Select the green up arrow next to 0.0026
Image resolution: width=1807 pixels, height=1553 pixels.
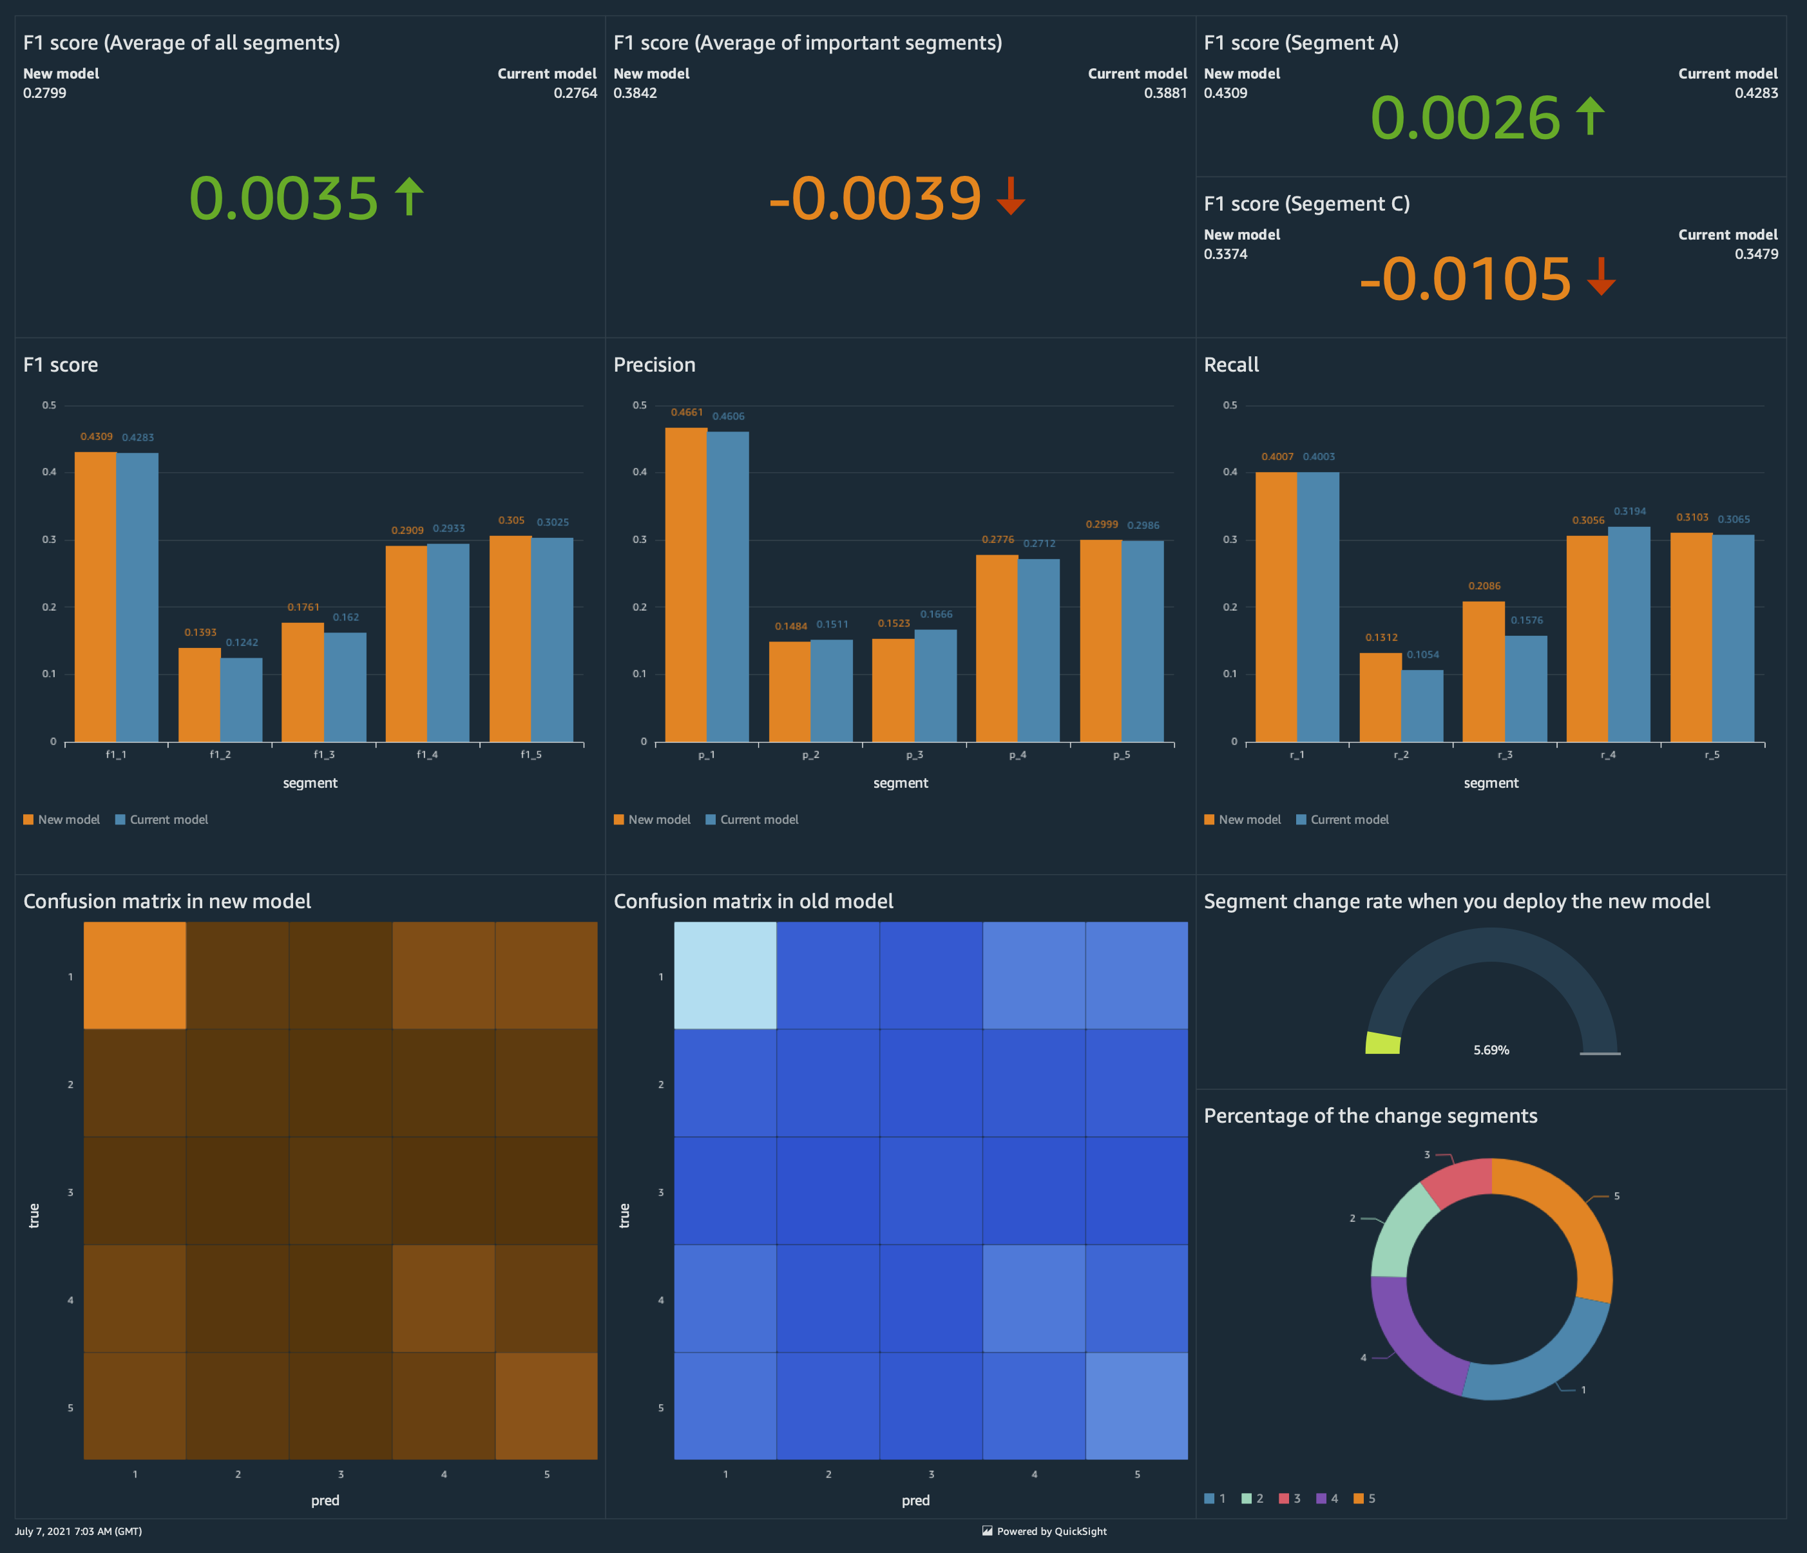coord(1591,116)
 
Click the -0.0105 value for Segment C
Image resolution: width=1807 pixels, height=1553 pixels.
coord(1465,279)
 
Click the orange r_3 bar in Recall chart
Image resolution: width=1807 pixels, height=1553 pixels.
coord(1484,671)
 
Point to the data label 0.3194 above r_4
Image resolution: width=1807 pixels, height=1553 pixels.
coord(1629,511)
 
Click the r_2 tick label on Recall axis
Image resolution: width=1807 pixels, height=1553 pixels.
coord(1401,754)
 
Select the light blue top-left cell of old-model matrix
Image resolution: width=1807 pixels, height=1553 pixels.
coord(725,976)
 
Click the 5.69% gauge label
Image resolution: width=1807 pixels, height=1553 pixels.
coord(1491,1050)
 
